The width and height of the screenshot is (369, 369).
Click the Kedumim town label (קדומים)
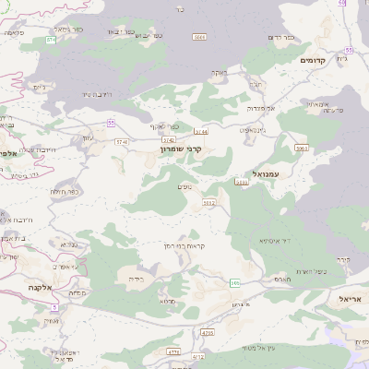pos(315,59)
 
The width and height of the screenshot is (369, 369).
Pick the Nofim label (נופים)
pos(184,186)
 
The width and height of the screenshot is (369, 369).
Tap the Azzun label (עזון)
pos(88,139)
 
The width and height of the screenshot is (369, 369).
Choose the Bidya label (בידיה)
pos(135,278)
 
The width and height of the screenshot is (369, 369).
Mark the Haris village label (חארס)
pos(282,278)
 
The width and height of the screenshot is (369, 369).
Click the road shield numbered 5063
pos(302,147)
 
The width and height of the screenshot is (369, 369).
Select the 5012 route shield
pos(208,201)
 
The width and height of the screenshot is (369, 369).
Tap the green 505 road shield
pos(236,283)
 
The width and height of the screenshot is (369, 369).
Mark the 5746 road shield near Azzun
pos(123,141)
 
